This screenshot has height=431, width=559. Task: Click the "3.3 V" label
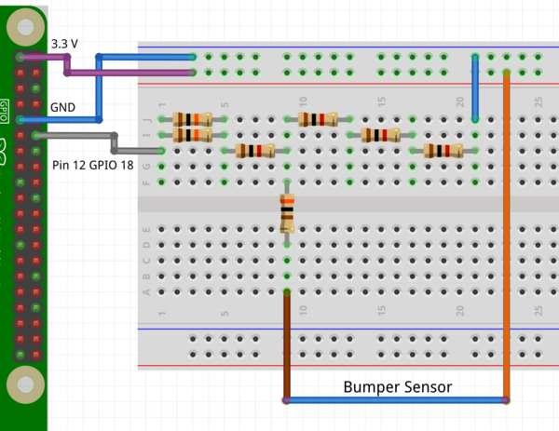(x=65, y=44)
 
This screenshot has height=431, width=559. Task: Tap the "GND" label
(x=62, y=107)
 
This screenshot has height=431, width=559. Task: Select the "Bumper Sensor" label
(x=398, y=386)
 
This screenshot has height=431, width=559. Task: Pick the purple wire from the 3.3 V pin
(x=130, y=71)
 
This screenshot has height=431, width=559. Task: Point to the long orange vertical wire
(x=506, y=233)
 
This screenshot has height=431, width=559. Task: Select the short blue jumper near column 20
(x=475, y=88)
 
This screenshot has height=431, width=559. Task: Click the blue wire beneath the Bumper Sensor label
(x=396, y=401)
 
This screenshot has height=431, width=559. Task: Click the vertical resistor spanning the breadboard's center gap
(x=286, y=213)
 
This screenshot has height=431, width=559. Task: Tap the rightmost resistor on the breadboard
(x=443, y=151)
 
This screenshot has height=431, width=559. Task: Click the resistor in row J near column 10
(x=317, y=119)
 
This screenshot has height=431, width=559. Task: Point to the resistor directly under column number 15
(x=380, y=135)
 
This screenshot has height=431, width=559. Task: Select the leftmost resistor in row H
(x=254, y=151)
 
